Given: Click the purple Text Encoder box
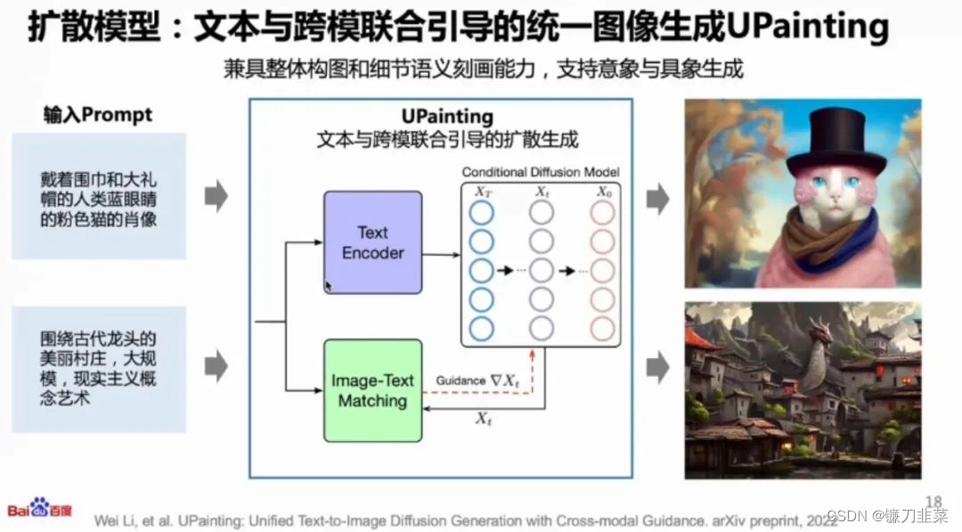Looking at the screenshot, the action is click(372, 242).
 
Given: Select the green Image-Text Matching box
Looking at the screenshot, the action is click(372, 390).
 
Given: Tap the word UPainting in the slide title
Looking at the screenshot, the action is click(807, 28).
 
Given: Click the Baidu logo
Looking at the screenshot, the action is click(41, 509).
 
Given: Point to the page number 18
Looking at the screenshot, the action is click(933, 502).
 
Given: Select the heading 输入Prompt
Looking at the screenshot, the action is click(98, 115).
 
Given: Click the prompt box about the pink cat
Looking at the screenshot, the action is click(99, 197).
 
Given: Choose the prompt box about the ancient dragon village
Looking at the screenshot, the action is click(99, 368).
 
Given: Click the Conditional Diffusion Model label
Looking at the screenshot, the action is click(540, 172).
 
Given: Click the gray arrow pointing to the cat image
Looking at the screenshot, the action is click(657, 198).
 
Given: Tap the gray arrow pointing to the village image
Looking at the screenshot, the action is click(657, 365).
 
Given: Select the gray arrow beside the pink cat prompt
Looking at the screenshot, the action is click(216, 195).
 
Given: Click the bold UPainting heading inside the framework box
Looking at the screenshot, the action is click(448, 117).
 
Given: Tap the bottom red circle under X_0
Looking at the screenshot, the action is click(602, 329).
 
